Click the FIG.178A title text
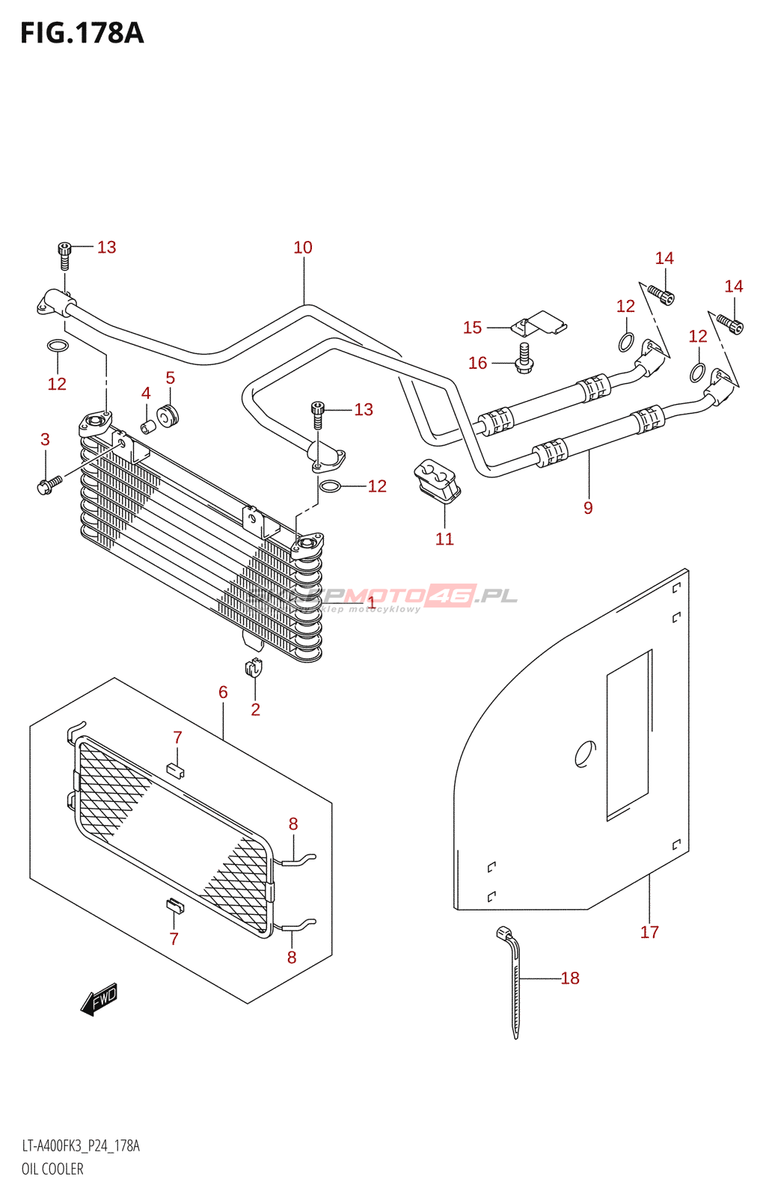(82, 34)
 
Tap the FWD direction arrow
(99, 999)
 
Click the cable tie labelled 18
(512, 980)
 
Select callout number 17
(649, 932)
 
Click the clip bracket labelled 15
(539, 323)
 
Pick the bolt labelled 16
(524, 357)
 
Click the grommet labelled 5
(168, 415)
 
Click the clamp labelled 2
(254, 667)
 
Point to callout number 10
(303, 248)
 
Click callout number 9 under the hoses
(588, 508)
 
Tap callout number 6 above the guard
(223, 693)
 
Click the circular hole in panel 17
(585, 754)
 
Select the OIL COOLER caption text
(52, 1169)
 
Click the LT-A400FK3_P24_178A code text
(81, 1146)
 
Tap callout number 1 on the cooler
(371, 601)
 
